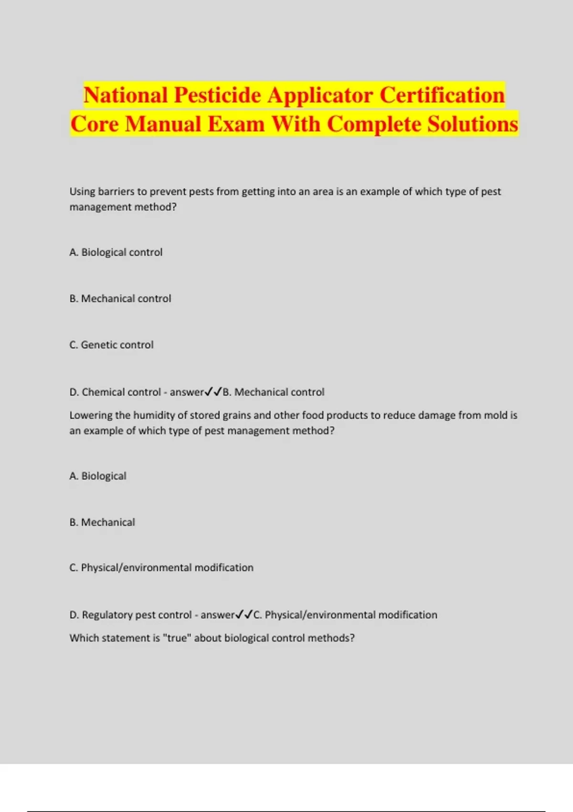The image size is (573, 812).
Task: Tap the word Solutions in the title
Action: pos(472,124)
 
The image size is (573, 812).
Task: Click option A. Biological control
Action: pos(116,252)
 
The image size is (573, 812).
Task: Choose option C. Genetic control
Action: pos(112,345)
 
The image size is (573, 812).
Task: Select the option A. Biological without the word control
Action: pos(98,476)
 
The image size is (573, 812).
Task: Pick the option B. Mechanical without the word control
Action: pos(102,522)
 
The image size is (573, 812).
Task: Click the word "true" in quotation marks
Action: pos(177,638)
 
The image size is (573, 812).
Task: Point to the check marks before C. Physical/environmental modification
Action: pos(244,615)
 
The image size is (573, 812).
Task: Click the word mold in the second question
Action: pos(495,415)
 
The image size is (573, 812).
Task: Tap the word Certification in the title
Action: pos(442,95)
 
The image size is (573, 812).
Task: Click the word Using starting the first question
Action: pos(82,192)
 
